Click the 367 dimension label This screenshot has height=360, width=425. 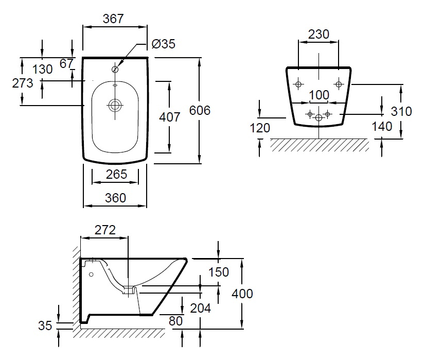(x=113, y=19)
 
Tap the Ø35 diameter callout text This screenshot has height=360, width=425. (x=164, y=44)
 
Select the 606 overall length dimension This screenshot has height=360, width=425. (x=200, y=110)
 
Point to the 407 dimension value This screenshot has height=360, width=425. (x=170, y=117)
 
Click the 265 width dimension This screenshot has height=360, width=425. (x=116, y=174)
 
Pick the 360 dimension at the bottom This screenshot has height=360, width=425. (x=115, y=198)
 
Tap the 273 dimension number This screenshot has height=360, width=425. (x=23, y=83)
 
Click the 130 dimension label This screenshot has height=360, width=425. (x=42, y=69)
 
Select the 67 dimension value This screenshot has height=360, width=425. (x=66, y=64)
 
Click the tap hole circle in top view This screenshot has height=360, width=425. (x=115, y=70)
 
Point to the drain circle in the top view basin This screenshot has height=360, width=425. (x=115, y=105)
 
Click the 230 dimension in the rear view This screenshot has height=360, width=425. (x=319, y=34)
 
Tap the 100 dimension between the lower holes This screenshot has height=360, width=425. (x=319, y=95)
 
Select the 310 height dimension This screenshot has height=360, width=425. (x=401, y=111)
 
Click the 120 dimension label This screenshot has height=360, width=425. (x=260, y=128)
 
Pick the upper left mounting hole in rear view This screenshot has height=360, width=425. (x=298, y=84)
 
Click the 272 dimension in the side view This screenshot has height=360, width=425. (x=105, y=230)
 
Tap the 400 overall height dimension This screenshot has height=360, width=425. (x=242, y=294)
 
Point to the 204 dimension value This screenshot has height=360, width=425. (x=200, y=308)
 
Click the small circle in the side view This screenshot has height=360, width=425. (x=92, y=275)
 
